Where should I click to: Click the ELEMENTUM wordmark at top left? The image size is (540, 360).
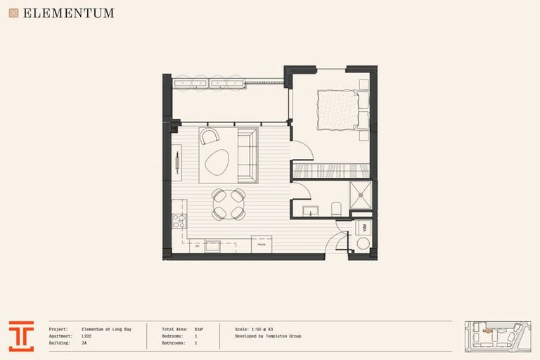(x=68, y=13)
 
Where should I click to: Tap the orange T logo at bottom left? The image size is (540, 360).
(x=21, y=336)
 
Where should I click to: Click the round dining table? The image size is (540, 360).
(x=229, y=204)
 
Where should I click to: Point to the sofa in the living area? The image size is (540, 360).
(x=247, y=155)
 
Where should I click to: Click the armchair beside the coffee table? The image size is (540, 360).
(x=209, y=136)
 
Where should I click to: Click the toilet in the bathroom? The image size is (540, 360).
(x=336, y=209)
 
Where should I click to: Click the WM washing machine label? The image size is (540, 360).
(x=365, y=227)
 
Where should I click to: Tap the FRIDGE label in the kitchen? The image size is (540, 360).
(x=262, y=244)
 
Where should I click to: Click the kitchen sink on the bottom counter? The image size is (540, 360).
(x=212, y=245)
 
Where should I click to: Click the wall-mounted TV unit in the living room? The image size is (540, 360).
(x=177, y=161)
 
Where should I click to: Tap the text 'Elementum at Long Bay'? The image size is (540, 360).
(x=106, y=329)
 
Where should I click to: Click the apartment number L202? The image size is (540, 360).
(x=86, y=336)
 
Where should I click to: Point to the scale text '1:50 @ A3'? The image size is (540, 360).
(x=264, y=329)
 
